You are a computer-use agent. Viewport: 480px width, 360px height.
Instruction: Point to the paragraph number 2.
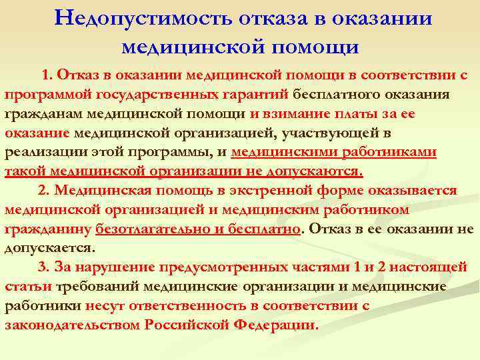(45, 190)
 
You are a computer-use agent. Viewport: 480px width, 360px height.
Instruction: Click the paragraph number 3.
(45, 267)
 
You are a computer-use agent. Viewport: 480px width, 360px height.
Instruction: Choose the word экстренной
(267, 190)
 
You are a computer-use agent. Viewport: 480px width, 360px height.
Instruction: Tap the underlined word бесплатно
(261, 229)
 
